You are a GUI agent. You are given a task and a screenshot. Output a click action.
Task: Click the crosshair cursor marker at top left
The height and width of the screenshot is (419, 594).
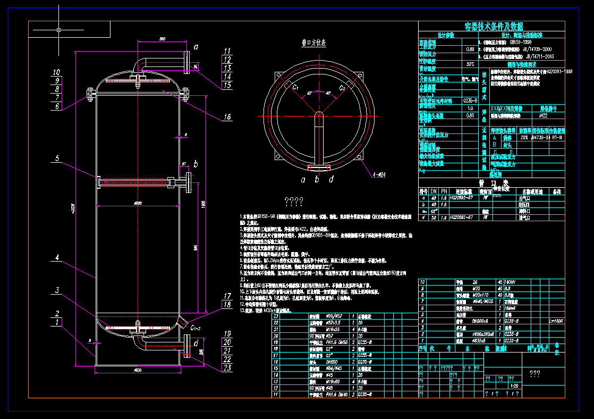(58, 30)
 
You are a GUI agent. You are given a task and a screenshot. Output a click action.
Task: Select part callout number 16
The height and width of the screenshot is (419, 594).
(227, 117)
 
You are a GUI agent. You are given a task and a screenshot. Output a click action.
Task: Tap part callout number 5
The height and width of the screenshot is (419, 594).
(57, 158)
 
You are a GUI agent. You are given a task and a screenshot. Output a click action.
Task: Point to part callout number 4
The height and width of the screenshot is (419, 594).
(57, 259)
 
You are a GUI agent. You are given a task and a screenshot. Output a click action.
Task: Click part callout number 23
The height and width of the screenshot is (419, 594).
(227, 367)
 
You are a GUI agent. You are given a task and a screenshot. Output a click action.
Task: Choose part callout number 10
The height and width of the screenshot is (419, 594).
(57, 72)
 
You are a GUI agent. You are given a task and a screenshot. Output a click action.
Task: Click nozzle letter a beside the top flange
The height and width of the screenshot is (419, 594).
(196, 47)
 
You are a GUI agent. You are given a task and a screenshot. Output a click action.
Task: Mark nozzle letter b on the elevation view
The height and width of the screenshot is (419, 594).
(196, 163)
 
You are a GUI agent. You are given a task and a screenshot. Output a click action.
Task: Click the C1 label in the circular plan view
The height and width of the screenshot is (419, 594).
(293, 86)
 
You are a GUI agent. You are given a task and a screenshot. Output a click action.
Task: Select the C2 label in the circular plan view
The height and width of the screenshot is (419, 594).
(343, 86)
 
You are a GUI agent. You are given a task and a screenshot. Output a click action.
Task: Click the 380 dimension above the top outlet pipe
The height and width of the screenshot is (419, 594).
(163, 38)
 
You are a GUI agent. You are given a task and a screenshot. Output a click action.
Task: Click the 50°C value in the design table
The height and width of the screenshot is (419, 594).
(470, 64)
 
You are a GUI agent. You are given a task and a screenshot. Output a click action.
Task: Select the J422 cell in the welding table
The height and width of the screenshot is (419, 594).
(544, 115)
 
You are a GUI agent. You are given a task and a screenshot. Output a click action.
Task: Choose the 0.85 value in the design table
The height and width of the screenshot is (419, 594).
(470, 115)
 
